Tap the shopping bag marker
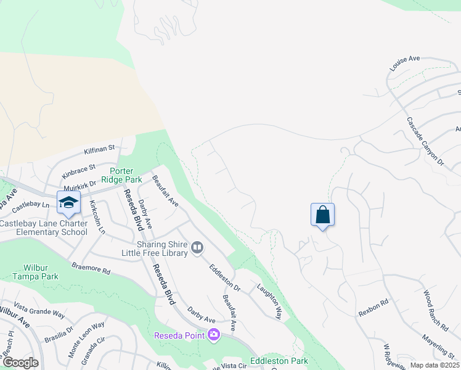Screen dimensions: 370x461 click(x=323, y=215)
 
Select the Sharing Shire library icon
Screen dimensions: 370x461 click(x=197, y=247)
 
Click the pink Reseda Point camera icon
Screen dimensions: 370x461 click(x=214, y=335)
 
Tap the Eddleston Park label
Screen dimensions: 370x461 click(x=279, y=361)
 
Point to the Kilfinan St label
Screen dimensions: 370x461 click(x=100, y=149)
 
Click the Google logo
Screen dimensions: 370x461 click(x=20, y=363)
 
